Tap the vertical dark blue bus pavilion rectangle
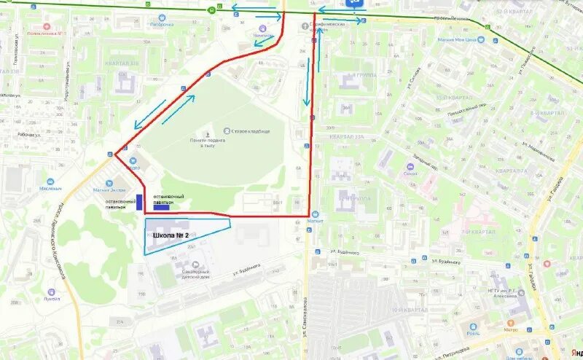[x=138, y=203]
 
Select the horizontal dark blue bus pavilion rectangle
[x=161, y=207]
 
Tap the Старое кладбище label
[x=254, y=131]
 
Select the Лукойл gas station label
[x=52, y=299]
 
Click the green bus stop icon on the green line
[x=211, y=9]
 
